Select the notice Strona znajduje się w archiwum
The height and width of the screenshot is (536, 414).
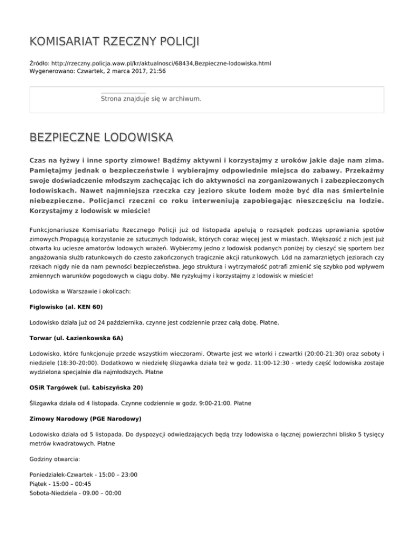(x=151, y=99)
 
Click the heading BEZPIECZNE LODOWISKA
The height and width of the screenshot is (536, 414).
(x=101, y=138)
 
